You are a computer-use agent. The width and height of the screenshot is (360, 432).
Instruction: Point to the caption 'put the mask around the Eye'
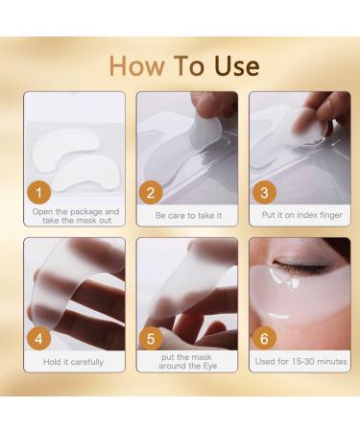point(182,362)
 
